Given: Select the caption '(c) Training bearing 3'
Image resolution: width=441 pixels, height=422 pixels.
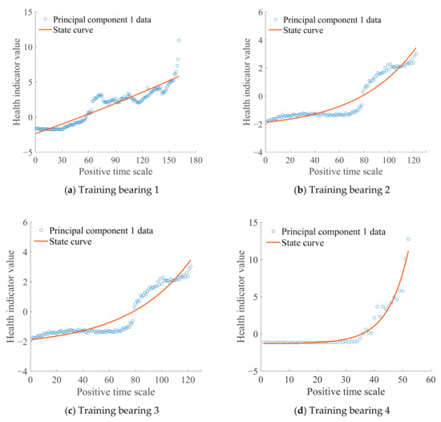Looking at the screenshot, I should tap(111, 410).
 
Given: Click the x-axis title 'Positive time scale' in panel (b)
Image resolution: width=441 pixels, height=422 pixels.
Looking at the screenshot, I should tap(346, 172).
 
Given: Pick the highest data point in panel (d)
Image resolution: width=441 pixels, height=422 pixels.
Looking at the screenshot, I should tap(408, 239).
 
